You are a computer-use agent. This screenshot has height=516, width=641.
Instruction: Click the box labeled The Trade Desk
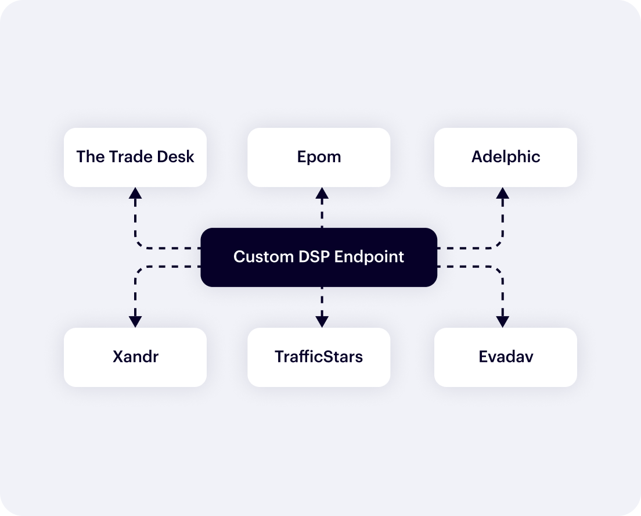click(x=135, y=157)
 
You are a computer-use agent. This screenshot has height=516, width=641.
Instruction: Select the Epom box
click(x=319, y=157)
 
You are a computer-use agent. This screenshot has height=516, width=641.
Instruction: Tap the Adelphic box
click(x=505, y=157)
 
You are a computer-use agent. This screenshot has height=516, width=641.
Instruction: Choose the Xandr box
click(x=135, y=357)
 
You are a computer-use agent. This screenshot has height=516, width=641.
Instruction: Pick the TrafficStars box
click(x=319, y=357)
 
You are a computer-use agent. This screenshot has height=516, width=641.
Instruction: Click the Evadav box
click(x=505, y=357)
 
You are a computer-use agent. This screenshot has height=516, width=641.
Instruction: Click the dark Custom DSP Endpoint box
click(x=319, y=257)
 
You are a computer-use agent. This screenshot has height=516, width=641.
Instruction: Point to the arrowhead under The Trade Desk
click(x=135, y=193)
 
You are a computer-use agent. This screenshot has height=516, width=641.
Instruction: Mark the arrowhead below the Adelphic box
click(x=503, y=193)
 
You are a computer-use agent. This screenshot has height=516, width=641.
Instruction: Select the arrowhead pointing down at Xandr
click(x=135, y=321)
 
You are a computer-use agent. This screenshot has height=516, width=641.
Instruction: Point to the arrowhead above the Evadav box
click(x=503, y=321)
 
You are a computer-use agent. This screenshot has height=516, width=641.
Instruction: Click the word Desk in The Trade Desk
click(x=175, y=157)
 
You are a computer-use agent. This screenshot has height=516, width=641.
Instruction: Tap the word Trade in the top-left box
click(x=130, y=157)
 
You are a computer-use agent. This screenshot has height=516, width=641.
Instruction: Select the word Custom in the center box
click(x=258, y=257)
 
